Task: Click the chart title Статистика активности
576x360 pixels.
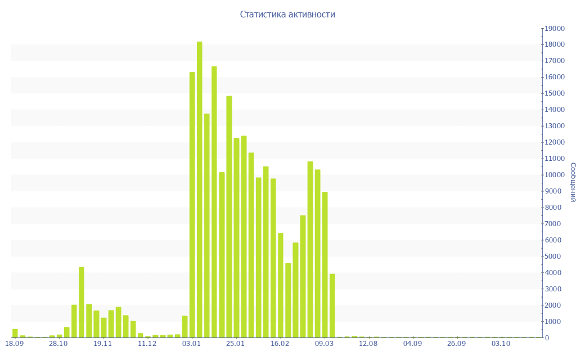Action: [287, 15]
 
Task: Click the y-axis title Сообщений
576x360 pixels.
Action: [572, 182]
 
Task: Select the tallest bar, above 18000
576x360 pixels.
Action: [200, 189]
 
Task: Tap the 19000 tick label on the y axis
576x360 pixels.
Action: [554, 28]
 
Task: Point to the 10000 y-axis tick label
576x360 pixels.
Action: [554, 175]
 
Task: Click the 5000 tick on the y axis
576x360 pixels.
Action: [554, 256]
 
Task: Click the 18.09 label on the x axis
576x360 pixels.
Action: [15, 344]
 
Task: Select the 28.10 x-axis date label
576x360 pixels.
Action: [58, 344]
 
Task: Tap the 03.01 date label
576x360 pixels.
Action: [192, 344]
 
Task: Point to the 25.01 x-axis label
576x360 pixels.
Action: [236, 344]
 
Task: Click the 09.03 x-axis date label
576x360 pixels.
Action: [325, 344]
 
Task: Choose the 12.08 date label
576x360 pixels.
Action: [368, 344]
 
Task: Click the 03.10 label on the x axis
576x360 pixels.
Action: [501, 344]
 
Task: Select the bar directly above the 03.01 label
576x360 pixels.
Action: [192, 205]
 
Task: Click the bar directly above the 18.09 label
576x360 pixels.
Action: [15, 333]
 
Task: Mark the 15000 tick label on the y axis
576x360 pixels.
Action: [554, 93]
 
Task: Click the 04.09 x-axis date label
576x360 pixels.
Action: [412, 344]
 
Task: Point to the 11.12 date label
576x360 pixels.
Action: [147, 344]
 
